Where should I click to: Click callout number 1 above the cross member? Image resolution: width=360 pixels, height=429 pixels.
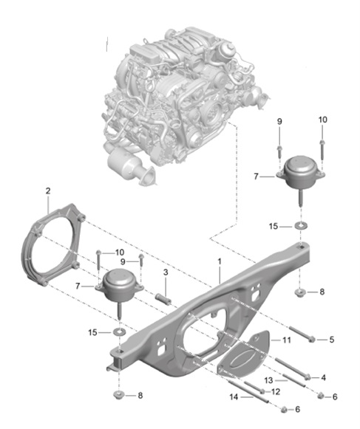pyautogui.click(x=219, y=262)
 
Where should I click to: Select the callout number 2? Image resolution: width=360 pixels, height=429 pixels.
pyautogui.click(x=47, y=191)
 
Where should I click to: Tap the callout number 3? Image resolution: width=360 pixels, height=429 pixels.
pyautogui.click(x=166, y=273)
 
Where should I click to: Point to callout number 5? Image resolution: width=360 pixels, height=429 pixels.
pyautogui.click(x=331, y=339)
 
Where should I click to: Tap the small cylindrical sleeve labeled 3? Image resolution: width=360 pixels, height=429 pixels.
pyautogui.click(x=163, y=299)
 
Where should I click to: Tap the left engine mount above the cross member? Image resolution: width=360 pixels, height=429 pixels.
pyautogui.click(x=118, y=286)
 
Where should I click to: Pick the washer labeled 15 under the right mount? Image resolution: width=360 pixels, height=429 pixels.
pyautogui.click(x=301, y=224)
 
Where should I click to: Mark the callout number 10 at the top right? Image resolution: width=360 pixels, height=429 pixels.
pyautogui.click(x=322, y=119)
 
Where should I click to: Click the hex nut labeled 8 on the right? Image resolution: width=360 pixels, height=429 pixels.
pyautogui.click(x=301, y=292)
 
